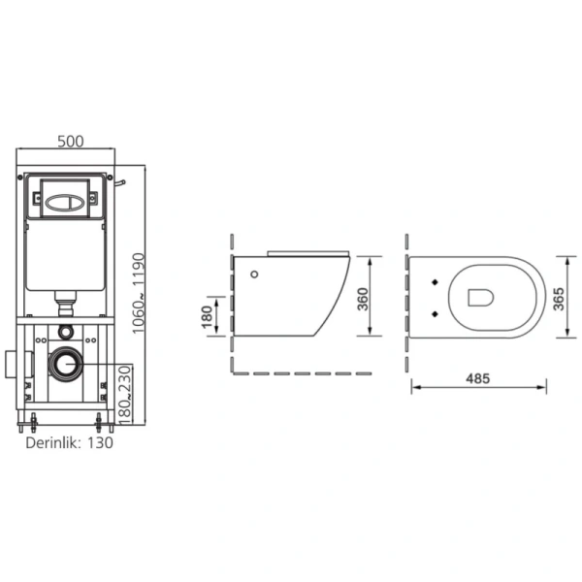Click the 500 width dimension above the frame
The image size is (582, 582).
pos(71,141)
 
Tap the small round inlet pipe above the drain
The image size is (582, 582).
pos(67,332)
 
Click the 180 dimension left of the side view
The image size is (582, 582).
pos(207,316)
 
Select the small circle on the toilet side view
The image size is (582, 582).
pos(255,275)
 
